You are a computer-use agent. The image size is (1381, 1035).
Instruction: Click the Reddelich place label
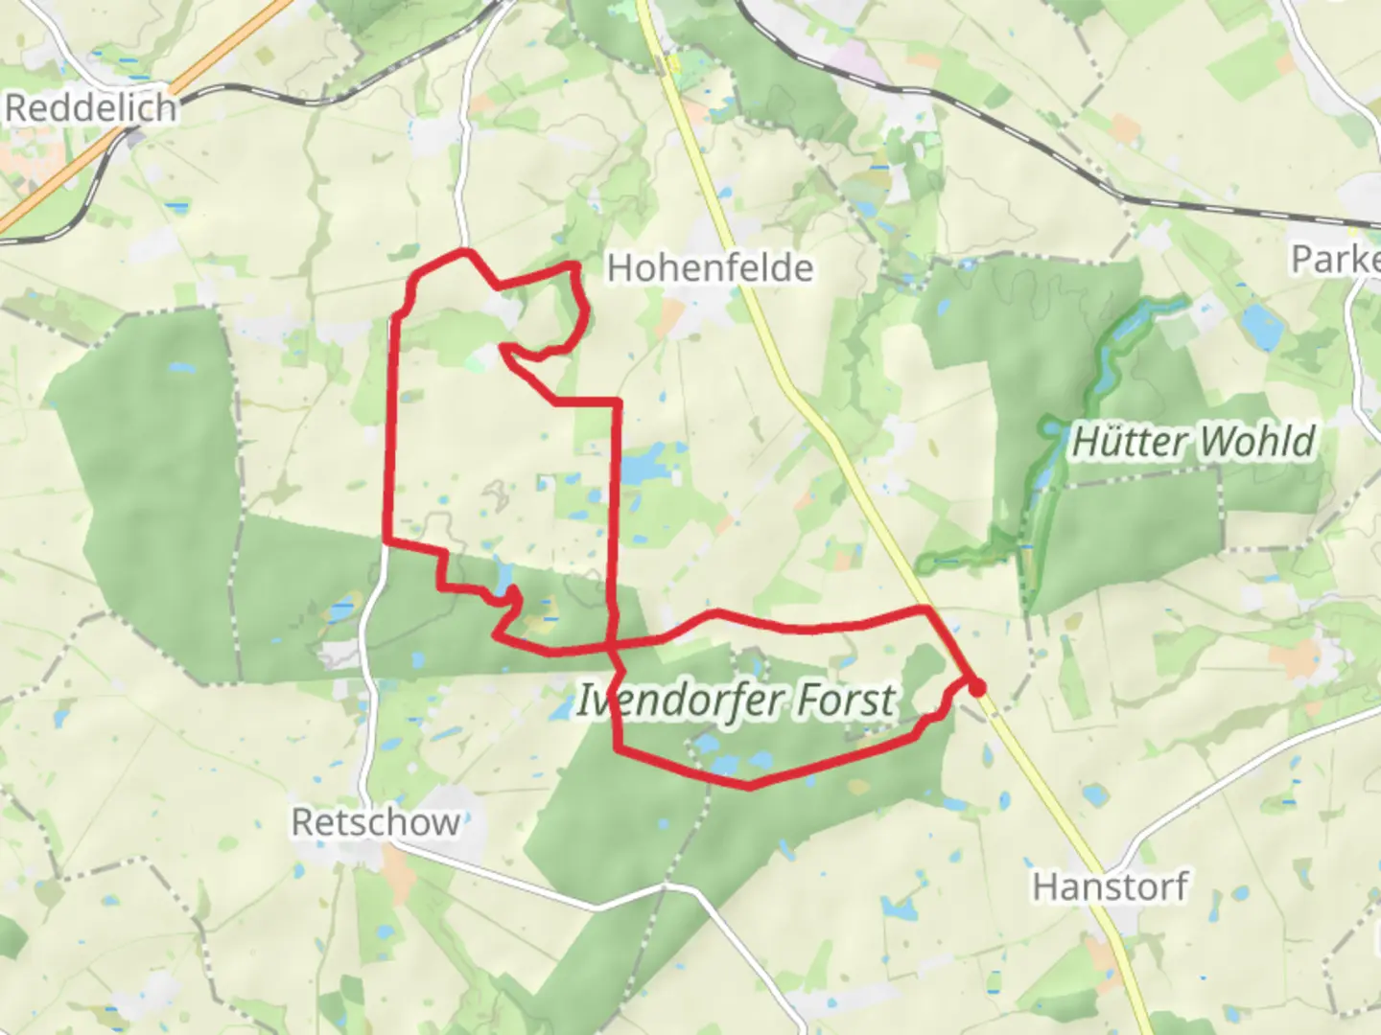pos(91,107)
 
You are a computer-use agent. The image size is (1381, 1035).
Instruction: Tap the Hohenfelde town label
pos(710,267)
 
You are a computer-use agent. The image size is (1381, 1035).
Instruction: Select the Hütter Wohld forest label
pos(1192,442)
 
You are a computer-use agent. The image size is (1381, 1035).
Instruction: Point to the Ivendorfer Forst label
pos(736,701)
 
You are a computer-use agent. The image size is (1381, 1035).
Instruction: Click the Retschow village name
pos(375,822)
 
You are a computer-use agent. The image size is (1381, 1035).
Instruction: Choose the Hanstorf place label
pos(1111,886)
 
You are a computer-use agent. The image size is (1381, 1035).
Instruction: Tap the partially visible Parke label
pos(1335,259)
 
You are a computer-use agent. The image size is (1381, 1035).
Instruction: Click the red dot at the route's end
pos(976,687)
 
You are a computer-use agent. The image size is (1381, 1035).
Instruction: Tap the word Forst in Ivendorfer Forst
pos(844,701)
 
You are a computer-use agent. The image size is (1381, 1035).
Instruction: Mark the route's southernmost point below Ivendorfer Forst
pos(749,787)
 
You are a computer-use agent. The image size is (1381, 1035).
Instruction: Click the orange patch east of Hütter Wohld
pos(1295,659)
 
